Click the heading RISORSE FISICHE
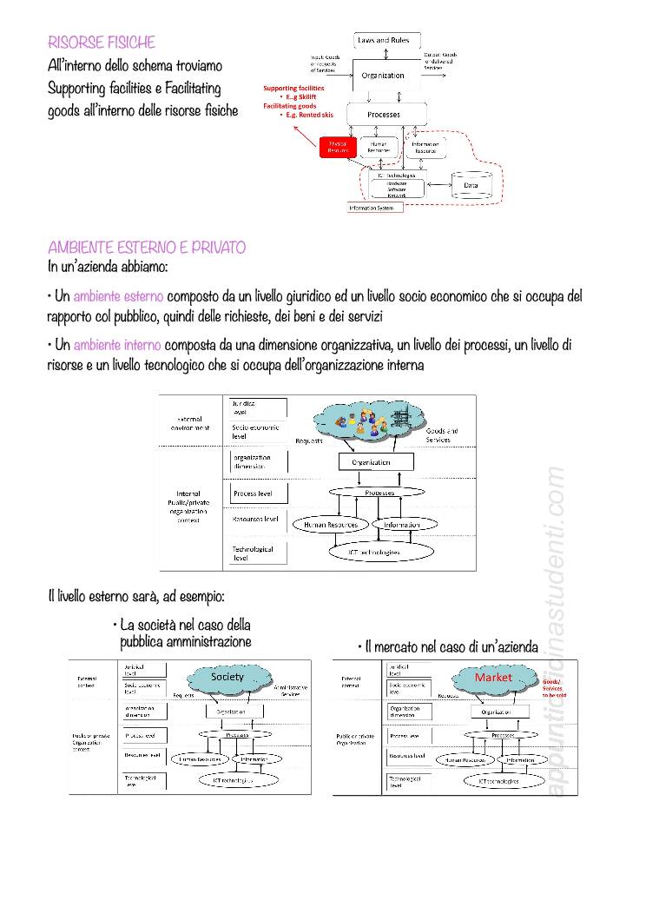click(102, 42)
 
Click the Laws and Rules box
click(387, 41)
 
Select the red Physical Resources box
click(339, 148)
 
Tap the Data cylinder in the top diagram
click(471, 184)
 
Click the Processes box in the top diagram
click(384, 114)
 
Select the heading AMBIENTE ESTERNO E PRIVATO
click(147, 248)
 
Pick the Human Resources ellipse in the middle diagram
click(332, 525)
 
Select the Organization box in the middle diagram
click(371, 462)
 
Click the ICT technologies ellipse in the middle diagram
click(374, 552)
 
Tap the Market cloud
click(492, 677)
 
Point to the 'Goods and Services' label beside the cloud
click(442, 435)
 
